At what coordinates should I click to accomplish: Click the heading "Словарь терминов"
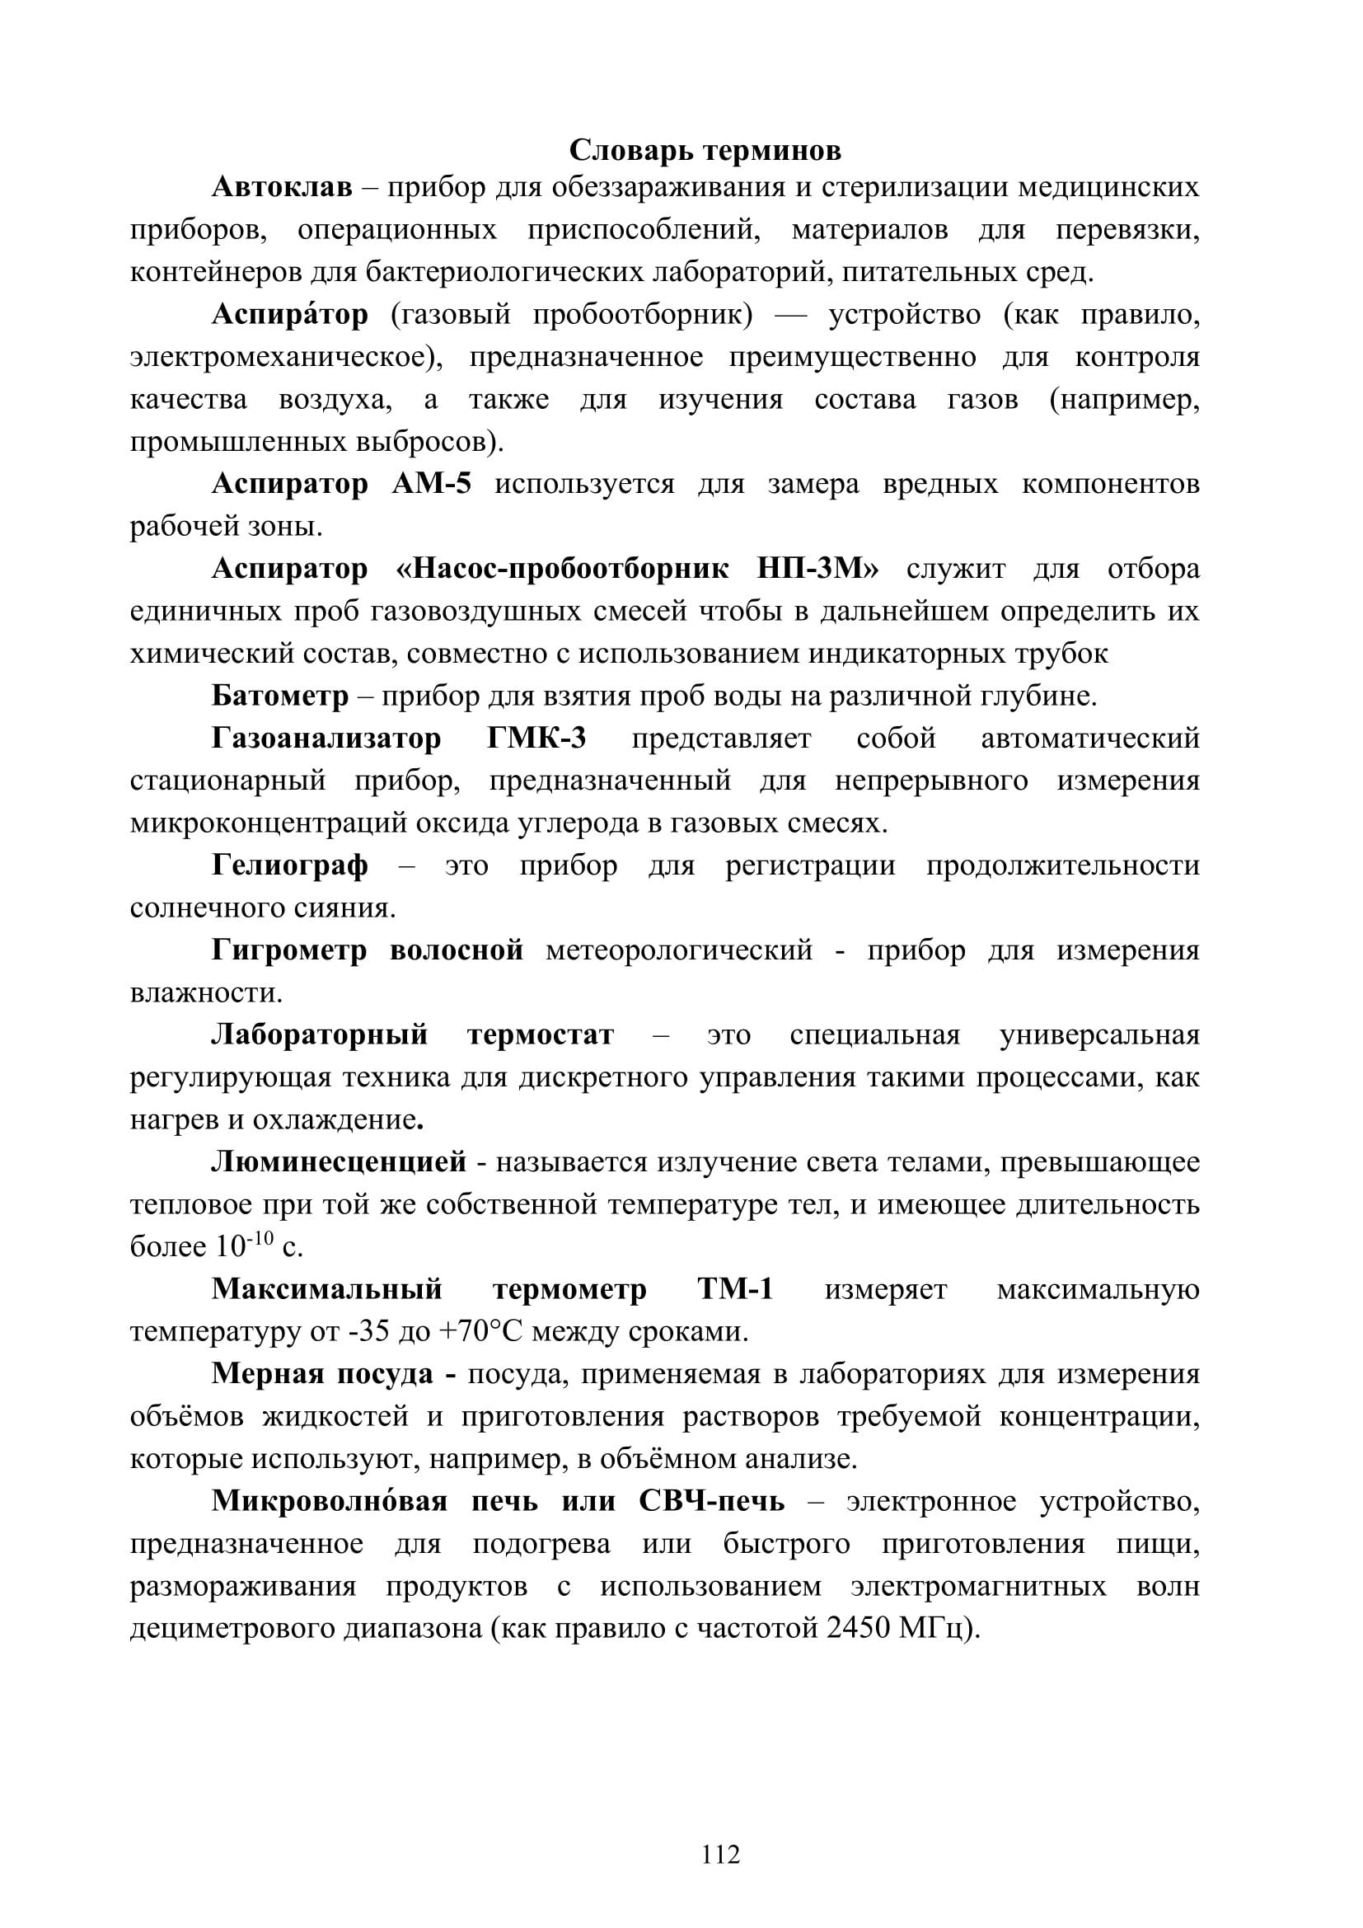tap(705, 151)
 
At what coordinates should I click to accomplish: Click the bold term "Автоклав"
tap(282, 186)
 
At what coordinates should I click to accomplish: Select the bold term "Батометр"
tap(279, 697)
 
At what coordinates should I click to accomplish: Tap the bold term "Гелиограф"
tap(289, 865)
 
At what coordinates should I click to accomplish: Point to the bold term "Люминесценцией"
tap(338, 1162)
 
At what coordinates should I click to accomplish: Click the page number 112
tap(721, 1853)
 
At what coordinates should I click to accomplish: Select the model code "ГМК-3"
tap(536, 739)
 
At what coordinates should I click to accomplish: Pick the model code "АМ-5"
tap(431, 485)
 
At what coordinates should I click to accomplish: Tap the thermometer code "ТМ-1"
tap(735, 1289)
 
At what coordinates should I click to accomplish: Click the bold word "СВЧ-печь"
tap(712, 1500)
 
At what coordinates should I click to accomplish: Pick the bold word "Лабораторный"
tap(320, 1034)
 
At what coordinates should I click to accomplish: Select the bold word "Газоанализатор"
tap(326, 739)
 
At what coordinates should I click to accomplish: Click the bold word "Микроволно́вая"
tap(330, 1500)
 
